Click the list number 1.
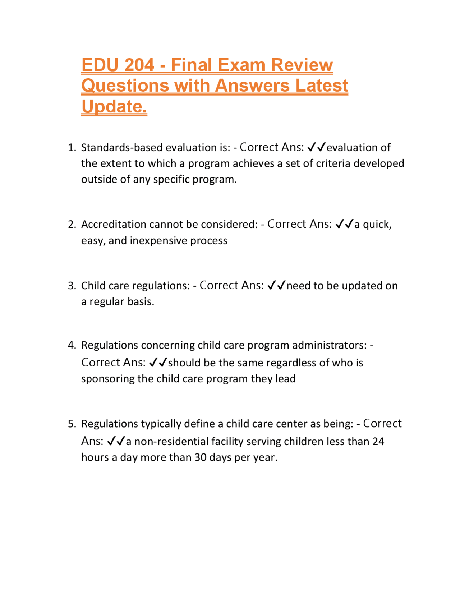click(x=72, y=148)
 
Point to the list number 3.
click(x=72, y=286)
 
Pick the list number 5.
click(x=72, y=424)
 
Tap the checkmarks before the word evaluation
click(x=317, y=147)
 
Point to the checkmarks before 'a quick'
click(x=344, y=225)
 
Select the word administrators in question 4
click(x=329, y=345)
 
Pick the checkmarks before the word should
click(x=158, y=363)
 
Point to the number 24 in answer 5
click(x=378, y=441)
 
